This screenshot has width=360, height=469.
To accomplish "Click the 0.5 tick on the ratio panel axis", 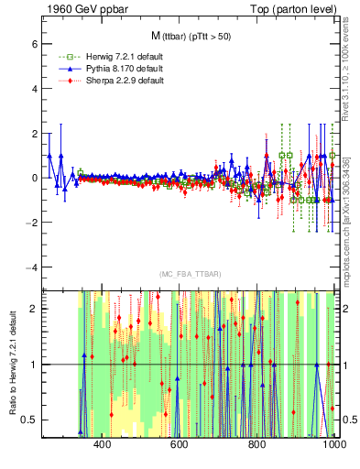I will pyautogui.click(x=28, y=420).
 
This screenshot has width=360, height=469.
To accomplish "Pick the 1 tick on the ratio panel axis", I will pyautogui.click(x=32, y=365).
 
